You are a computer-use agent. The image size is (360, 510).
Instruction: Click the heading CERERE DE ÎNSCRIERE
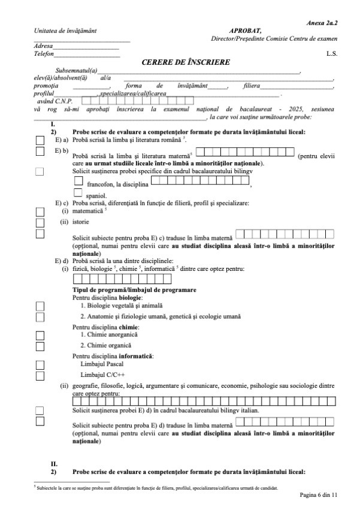click(x=185, y=62)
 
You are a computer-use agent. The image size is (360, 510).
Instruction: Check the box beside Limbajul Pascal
click(x=40, y=364)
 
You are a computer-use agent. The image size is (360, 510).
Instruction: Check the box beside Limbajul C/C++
click(x=40, y=375)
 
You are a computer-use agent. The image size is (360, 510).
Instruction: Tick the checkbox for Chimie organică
click(x=40, y=346)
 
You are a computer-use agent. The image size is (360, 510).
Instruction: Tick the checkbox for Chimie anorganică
click(x=40, y=334)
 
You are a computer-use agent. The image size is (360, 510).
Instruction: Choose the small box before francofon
click(x=78, y=180)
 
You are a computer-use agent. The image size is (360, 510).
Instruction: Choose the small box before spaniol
click(x=78, y=193)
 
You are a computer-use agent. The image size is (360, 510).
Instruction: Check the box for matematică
click(x=40, y=212)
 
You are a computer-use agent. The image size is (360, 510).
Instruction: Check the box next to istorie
click(x=40, y=222)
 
